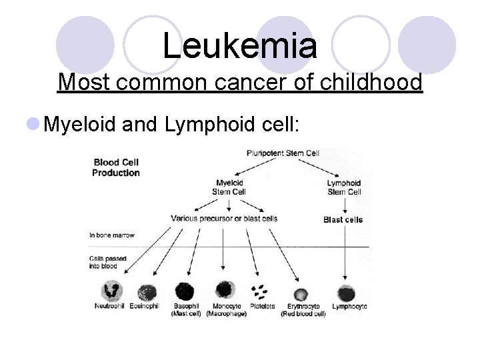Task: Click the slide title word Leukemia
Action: pyautogui.click(x=239, y=45)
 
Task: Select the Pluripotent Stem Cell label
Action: pyautogui.click(x=283, y=153)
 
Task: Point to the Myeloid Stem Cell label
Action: pyautogui.click(x=229, y=187)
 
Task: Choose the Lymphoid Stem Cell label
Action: pyautogui.click(x=344, y=187)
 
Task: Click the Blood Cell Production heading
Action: pyautogui.click(x=116, y=167)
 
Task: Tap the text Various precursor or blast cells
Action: pyautogui.click(x=224, y=219)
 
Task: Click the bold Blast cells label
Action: pyautogui.click(x=343, y=219)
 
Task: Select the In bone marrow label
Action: pyautogui.click(x=112, y=235)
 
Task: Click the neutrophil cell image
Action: pyautogui.click(x=111, y=291)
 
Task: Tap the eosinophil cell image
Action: pyautogui.click(x=146, y=293)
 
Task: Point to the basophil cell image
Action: pyautogui.click(x=184, y=291)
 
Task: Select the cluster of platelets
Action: pyautogui.click(x=259, y=292)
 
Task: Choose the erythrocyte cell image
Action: pyautogui.click(x=301, y=294)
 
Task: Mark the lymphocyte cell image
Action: pyautogui.click(x=345, y=293)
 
